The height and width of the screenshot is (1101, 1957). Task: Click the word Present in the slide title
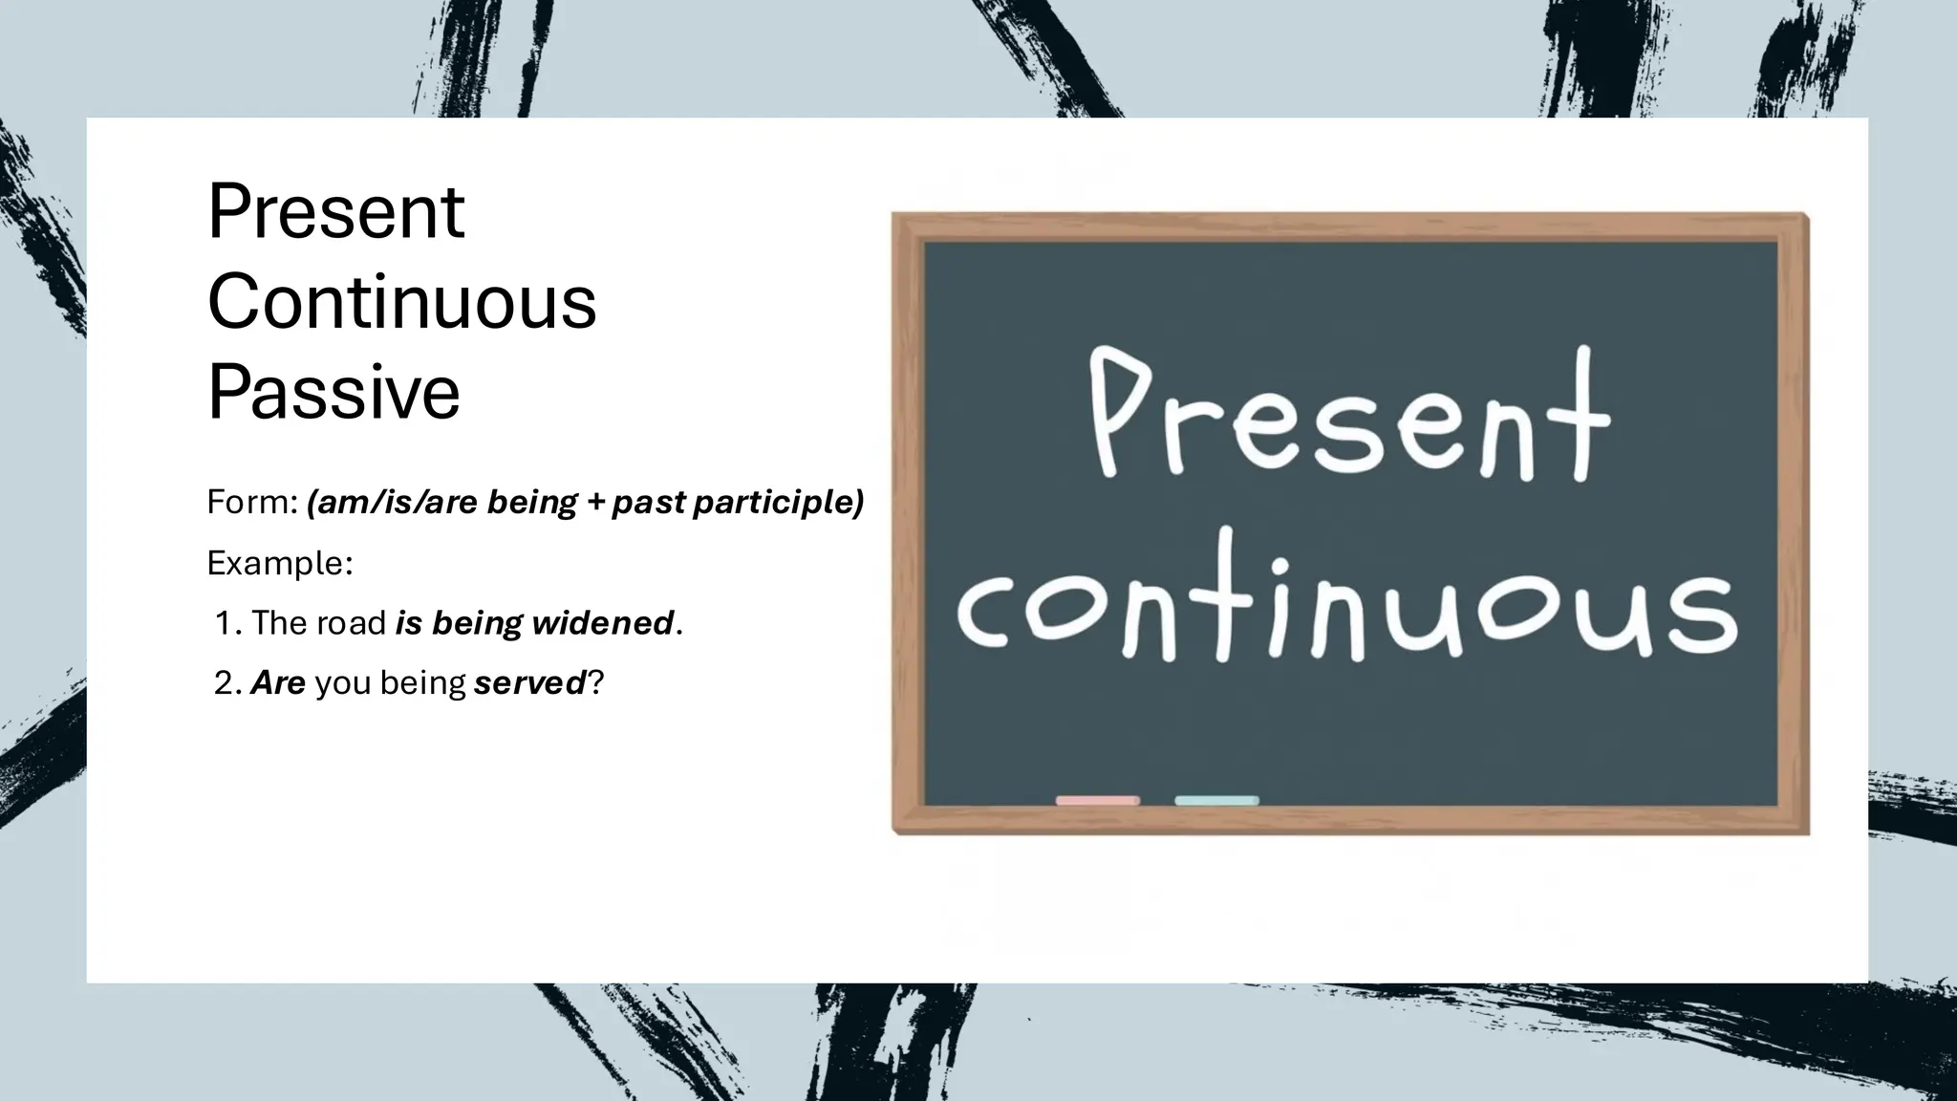(x=335, y=211)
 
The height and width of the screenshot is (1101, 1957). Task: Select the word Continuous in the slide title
(x=401, y=302)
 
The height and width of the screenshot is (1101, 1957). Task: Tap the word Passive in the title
(x=333, y=391)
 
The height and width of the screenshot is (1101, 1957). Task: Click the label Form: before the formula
(x=253, y=502)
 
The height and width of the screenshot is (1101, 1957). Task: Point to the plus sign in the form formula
(x=595, y=503)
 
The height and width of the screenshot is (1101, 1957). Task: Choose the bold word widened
(x=603, y=623)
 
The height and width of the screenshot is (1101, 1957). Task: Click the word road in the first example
(x=352, y=623)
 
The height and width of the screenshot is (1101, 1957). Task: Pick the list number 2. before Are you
(x=228, y=683)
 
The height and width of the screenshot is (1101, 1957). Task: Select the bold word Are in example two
(x=278, y=683)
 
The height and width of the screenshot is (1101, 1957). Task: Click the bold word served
(x=529, y=683)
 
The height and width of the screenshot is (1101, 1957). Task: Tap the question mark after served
(x=595, y=683)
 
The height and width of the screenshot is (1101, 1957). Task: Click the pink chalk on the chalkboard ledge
(x=1097, y=800)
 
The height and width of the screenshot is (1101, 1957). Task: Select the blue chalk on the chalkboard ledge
(x=1216, y=800)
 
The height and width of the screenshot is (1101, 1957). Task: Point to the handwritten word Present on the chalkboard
(x=1348, y=416)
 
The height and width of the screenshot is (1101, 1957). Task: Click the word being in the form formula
(x=532, y=503)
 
